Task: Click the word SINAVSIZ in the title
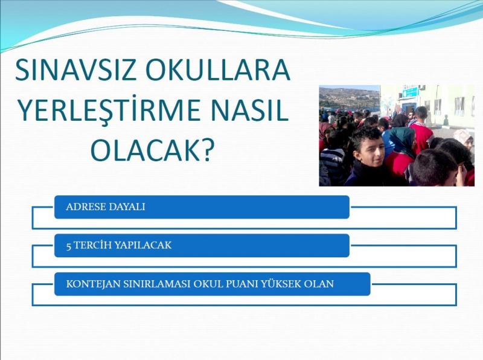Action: (75, 70)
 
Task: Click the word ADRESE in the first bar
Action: (84, 207)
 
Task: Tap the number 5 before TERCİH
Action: (69, 246)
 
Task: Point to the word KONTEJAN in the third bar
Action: (94, 284)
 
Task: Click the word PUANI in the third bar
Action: (242, 284)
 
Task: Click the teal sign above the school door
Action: (411, 92)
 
